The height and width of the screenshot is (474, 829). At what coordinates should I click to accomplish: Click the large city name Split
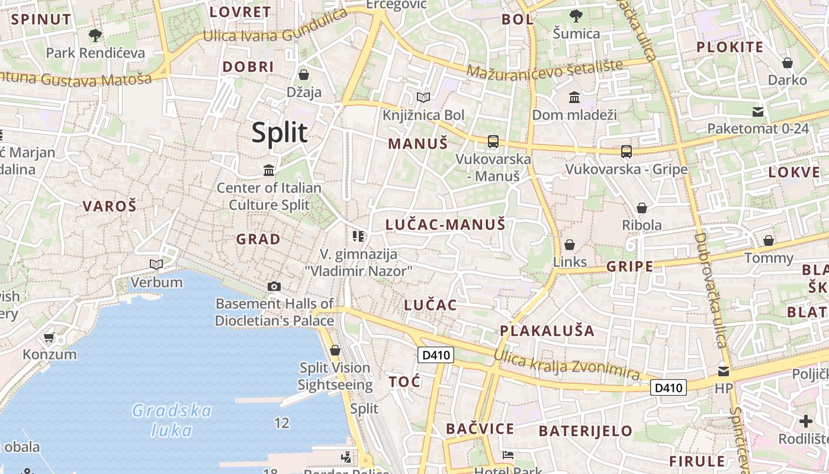point(279,133)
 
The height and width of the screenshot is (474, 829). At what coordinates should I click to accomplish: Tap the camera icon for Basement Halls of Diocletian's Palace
point(274,287)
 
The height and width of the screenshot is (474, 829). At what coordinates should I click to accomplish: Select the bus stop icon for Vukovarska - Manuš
point(493,142)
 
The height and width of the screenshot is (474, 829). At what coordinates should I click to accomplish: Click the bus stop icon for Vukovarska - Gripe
point(626,152)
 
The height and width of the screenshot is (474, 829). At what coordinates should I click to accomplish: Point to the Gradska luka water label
point(172,419)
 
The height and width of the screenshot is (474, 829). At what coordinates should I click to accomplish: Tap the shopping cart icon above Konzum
point(49,338)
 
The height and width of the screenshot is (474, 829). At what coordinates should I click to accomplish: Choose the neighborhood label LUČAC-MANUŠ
point(445,225)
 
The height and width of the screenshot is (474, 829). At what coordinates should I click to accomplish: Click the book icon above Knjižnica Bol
point(423,97)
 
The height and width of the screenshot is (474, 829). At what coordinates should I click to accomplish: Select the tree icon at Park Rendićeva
point(95,36)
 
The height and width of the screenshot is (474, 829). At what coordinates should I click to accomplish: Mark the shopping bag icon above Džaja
point(304,75)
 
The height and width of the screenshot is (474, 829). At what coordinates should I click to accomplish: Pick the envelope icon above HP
point(724,371)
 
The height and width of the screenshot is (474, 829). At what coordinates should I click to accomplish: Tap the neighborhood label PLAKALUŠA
point(547,331)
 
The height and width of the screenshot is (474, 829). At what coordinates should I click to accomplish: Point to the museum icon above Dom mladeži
point(574,97)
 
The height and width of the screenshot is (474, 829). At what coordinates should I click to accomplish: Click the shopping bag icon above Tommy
point(769,241)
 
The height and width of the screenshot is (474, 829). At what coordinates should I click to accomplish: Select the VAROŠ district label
point(110,206)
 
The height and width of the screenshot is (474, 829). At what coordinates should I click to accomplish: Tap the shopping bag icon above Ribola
point(641,208)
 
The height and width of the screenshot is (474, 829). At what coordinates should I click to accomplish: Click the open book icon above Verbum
point(156,264)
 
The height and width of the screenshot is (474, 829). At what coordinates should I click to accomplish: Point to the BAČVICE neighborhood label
point(480,428)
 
